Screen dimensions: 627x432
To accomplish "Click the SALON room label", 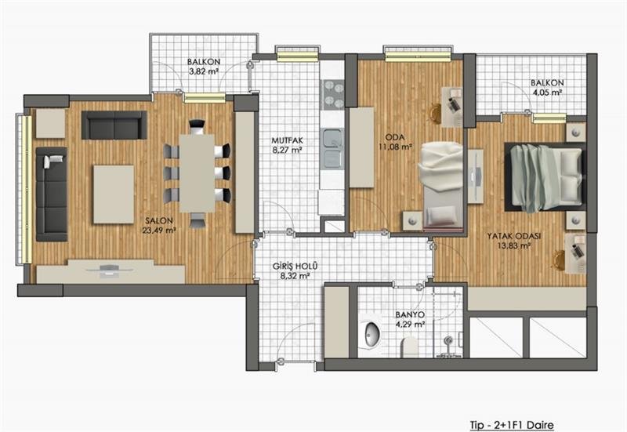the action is [159, 225].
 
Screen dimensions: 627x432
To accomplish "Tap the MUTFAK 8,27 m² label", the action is [287, 145].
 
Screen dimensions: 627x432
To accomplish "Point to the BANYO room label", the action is [410, 320].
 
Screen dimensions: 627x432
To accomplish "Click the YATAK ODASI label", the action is [514, 241].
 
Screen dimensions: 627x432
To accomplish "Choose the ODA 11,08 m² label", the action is [395, 142].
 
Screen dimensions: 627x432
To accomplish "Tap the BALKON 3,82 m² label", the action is [204, 67].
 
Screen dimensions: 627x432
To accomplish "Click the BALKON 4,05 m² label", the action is [547, 88].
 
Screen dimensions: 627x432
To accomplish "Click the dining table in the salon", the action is [197, 172].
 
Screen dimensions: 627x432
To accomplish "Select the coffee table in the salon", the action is [114, 194].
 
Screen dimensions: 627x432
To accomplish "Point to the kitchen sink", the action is [332, 147].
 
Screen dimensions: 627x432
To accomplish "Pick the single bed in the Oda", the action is [441, 187].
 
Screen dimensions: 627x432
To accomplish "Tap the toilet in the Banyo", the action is [409, 347].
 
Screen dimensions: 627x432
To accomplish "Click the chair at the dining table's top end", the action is [197, 127].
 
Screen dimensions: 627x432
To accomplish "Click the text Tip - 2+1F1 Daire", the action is [512, 424].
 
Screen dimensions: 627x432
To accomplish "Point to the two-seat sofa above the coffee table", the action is [114, 125].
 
